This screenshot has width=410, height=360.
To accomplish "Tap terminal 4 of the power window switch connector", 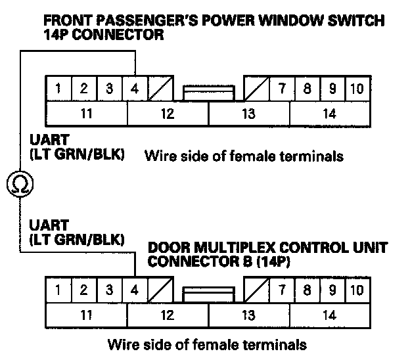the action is click(135, 89).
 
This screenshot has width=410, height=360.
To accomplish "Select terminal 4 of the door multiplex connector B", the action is click(135, 290).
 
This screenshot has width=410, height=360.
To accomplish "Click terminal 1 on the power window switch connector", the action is click(59, 89).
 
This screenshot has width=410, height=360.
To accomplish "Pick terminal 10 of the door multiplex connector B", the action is click(356, 290).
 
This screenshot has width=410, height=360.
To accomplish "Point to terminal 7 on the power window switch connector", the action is click(282, 89).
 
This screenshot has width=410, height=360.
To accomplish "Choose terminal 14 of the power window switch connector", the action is click(330, 113).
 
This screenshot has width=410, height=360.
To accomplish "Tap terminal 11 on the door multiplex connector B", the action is click(86, 315).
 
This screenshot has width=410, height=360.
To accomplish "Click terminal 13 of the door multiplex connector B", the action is click(248, 315).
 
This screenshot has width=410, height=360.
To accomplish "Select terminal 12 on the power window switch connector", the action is click(168, 113).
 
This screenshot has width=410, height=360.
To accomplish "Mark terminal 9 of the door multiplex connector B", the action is click(332, 290).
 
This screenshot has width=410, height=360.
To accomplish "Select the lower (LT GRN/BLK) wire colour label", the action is click(76, 239).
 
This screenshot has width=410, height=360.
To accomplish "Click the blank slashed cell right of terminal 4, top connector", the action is click(160, 89).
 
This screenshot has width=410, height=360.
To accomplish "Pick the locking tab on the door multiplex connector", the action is click(208, 292).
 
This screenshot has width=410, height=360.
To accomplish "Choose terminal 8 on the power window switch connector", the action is click(307, 89).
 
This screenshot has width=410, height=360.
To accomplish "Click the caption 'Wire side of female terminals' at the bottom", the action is click(207, 344).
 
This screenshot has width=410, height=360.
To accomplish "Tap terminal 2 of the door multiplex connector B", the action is click(84, 290).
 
